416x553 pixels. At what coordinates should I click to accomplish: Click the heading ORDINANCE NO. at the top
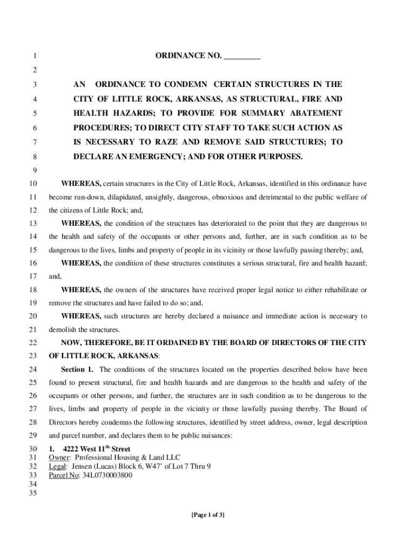click(x=188, y=56)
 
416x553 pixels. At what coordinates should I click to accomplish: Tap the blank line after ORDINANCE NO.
click(x=242, y=56)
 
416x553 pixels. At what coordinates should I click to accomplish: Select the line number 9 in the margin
click(x=34, y=171)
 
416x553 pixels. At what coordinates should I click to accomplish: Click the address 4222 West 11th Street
click(x=97, y=449)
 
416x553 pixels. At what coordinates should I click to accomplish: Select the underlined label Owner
click(x=59, y=458)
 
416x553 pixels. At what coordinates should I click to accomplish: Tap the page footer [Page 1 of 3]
click(x=208, y=515)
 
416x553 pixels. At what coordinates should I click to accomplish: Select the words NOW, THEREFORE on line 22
click(x=94, y=343)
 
